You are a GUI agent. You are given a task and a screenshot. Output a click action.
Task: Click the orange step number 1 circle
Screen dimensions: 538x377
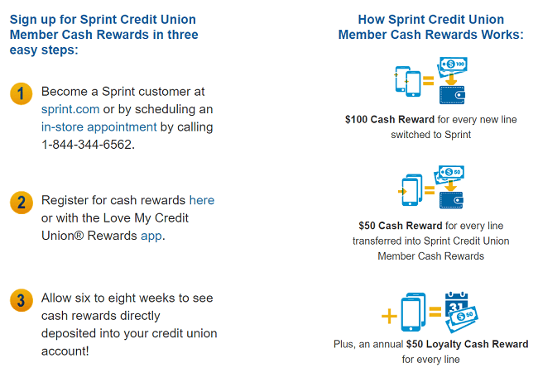(22, 93)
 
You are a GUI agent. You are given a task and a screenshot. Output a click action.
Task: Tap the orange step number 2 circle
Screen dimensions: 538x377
(22, 203)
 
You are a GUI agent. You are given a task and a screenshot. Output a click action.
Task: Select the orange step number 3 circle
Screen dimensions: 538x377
(22, 300)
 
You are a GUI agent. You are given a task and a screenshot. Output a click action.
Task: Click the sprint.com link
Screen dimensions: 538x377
(70, 109)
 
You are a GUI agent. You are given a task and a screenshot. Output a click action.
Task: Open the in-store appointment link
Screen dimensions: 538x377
(98, 127)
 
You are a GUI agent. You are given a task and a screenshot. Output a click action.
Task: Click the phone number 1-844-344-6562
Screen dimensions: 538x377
(86, 145)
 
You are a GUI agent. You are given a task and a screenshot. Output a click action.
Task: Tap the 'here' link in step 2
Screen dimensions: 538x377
(202, 200)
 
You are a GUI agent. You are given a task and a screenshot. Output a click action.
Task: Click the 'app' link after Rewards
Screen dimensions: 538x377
(151, 236)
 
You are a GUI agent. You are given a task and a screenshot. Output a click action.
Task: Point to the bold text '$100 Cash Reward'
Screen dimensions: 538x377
(390, 119)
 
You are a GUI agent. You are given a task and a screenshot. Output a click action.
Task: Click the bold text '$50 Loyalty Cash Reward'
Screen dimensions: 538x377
(467, 344)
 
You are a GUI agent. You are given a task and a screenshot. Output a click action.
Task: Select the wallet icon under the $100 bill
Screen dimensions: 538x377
(452, 94)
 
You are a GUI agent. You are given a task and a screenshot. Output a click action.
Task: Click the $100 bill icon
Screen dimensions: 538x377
(454, 64)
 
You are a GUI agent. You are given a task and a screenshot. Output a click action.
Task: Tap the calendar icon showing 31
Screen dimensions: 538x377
(456, 303)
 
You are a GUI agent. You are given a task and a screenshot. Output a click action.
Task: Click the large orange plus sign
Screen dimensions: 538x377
(389, 316)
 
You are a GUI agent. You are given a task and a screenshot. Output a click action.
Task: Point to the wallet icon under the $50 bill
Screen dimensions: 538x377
(452, 200)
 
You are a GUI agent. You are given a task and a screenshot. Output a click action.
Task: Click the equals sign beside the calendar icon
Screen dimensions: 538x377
(435, 312)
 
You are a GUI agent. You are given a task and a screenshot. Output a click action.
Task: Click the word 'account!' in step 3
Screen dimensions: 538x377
(65, 351)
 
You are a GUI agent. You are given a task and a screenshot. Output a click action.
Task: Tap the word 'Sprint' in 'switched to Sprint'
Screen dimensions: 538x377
(458, 135)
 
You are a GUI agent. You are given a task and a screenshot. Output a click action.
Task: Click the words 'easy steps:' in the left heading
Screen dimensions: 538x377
(44, 50)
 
